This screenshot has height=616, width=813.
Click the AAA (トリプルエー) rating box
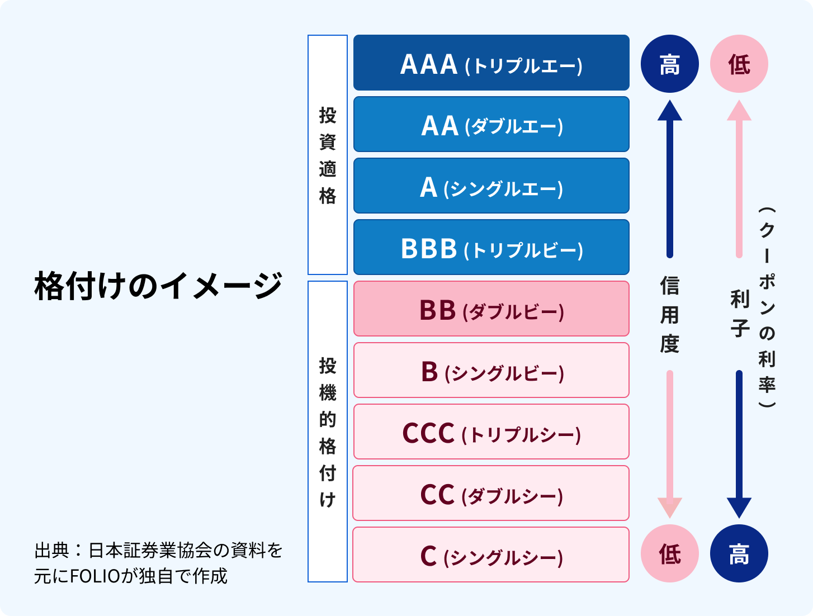(x=491, y=63)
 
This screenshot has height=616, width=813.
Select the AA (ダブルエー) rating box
(x=491, y=124)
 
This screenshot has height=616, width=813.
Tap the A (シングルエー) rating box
(x=491, y=186)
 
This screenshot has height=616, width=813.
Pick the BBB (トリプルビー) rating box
(x=491, y=247)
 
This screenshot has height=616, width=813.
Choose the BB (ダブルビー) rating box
(x=491, y=309)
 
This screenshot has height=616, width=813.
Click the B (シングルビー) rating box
(x=491, y=370)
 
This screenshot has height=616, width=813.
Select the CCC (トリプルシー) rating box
(x=491, y=432)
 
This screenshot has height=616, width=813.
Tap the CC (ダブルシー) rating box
(x=491, y=493)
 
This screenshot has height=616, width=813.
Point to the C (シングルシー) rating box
(x=491, y=555)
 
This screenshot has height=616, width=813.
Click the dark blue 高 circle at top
(x=669, y=64)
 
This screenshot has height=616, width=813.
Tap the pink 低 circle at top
(x=739, y=64)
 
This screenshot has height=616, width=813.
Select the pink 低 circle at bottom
(x=669, y=553)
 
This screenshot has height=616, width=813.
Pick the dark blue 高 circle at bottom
(x=739, y=553)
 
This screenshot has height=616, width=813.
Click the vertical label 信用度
(x=669, y=315)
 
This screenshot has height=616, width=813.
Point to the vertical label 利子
(x=739, y=314)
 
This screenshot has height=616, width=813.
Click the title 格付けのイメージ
(x=158, y=286)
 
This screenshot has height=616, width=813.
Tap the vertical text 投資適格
(x=328, y=155)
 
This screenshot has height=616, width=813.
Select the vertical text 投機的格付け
(x=328, y=432)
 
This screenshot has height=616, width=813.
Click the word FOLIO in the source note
(x=94, y=575)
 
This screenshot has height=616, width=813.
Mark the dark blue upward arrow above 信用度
(x=669, y=179)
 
